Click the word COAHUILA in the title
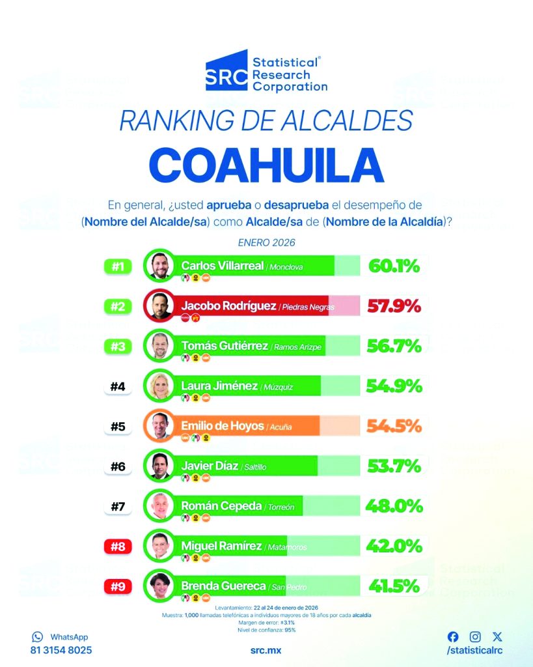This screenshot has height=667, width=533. tap(266, 165)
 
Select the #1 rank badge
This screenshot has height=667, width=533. tap(118, 266)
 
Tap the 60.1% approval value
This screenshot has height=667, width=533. tap(394, 266)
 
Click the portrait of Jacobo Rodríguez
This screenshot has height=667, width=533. tap(159, 306)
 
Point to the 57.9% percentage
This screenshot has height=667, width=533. tap(394, 306)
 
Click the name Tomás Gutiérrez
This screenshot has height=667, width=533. tap(225, 346)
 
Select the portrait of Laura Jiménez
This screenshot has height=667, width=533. tap(159, 386)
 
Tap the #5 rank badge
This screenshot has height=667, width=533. tap(118, 427)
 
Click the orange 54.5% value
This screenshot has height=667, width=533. tap(394, 427)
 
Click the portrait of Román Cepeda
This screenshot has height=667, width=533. tap(159, 506)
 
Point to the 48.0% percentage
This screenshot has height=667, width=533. tap(394, 506)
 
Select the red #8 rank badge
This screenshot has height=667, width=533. tap(118, 546)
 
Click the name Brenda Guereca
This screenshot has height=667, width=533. tap(224, 586)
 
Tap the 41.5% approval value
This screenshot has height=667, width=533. tap(394, 586)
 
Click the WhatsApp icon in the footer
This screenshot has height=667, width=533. tap(37, 637)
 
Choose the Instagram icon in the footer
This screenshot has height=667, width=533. tap(476, 637)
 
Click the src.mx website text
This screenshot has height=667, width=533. tap(266, 650)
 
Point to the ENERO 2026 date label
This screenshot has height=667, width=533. tap(266, 242)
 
